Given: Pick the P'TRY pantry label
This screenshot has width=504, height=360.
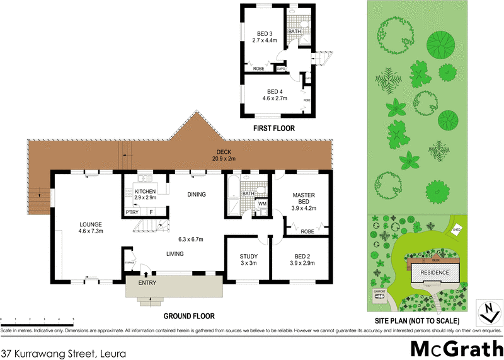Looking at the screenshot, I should click(132, 212).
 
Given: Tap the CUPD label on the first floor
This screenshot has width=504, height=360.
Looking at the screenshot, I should click(282, 68).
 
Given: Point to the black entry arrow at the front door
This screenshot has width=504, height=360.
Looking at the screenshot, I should click(146, 274).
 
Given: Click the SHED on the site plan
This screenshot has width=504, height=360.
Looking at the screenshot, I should click(457, 230).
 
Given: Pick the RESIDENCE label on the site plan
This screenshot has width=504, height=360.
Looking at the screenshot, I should click(435, 273).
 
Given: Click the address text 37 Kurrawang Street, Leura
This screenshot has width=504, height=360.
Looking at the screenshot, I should click(63, 354).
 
